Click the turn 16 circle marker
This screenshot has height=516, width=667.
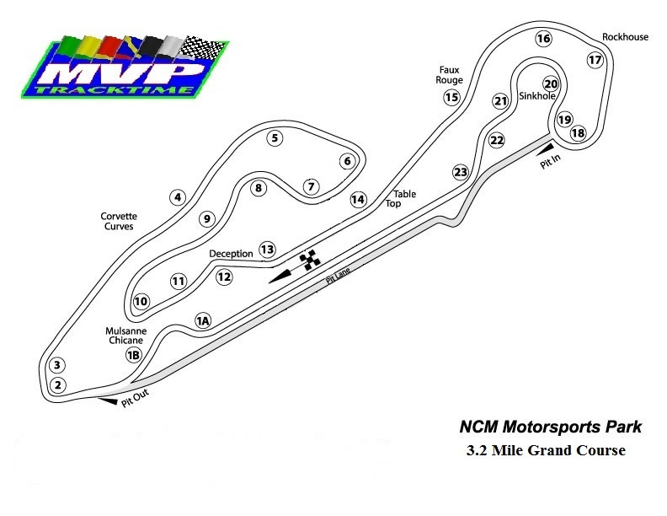543,38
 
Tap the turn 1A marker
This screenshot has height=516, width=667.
202,320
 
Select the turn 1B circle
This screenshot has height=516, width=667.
133,355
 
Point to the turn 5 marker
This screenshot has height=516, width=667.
274,138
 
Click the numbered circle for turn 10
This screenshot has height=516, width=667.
141,301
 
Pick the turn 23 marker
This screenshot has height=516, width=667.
460,172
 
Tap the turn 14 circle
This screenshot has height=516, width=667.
359,199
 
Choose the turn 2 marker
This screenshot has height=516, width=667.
57,385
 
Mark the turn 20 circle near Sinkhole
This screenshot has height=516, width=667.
551,84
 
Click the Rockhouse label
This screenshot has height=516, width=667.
624,37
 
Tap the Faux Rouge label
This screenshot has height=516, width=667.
451,75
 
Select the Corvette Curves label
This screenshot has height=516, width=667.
120,221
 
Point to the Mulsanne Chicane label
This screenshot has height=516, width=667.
126,336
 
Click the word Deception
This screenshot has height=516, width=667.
231,253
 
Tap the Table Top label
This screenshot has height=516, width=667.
404,199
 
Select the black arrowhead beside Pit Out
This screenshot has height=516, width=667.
108,401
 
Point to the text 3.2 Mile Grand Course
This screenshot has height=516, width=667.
546,450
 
